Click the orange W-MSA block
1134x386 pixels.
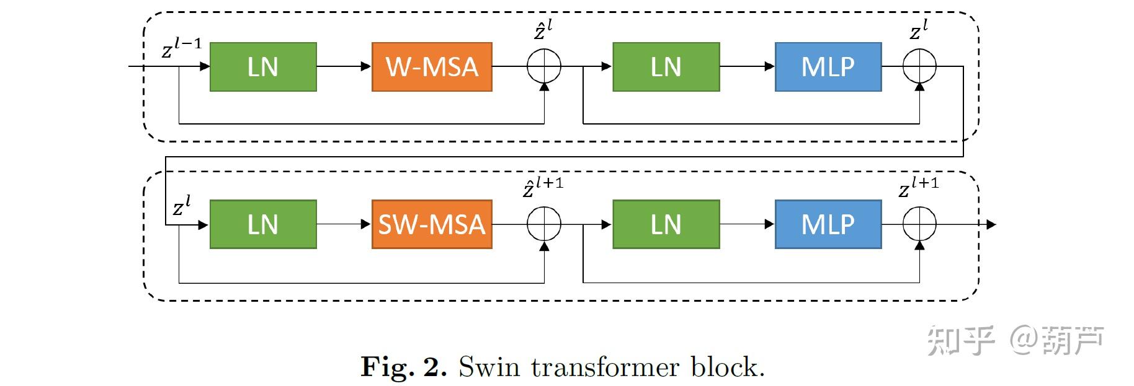[x=432, y=67]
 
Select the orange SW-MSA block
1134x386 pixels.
[x=432, y=224]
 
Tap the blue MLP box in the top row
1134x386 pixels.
[x=828, y=67]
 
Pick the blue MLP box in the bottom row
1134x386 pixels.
[x=828, y=224]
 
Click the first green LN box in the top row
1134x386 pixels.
[x=263, y=67]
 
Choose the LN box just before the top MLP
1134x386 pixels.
[x=666, y=67]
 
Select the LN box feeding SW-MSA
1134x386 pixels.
[x=263, y=224]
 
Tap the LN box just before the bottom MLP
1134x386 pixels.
[x=666, y=224]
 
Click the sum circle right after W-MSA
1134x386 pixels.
[x=544, y=66]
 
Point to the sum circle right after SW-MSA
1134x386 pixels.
[x=544, y=224]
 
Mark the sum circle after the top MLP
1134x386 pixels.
[x=919, y=66]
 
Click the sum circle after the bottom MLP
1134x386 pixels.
[x=919, y=224]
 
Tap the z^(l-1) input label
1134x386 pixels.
[x=181, y=47]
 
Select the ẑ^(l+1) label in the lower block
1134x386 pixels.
[x=543, y=187]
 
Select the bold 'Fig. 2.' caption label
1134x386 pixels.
[x=403, y=367]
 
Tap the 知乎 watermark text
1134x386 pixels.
[x=960, y=340]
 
